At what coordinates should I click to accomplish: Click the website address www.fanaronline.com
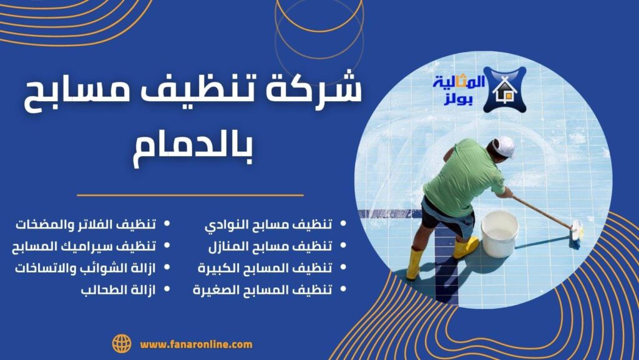tap(196, 344)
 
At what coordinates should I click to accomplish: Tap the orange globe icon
tap(122, 344)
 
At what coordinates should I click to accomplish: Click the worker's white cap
tap(504, 147)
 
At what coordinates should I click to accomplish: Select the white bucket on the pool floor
tap(499, 234)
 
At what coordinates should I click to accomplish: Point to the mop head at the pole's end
tap(576, 235)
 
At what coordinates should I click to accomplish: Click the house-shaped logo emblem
tap(504, 90)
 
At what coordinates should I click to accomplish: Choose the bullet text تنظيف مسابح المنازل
tap(270, 246)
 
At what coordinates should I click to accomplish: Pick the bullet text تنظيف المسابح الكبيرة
tap(265, 268)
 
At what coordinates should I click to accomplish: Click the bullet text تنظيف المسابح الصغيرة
tap(263, 290)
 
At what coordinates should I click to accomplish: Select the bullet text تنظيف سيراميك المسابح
tap(84, 246)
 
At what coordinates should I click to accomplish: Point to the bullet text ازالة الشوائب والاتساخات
tap(85, 268)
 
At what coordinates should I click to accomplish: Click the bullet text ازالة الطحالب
tap(118, 290)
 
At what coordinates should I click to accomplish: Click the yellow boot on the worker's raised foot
tap(466, 248)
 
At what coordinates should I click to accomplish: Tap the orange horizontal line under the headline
tap(190, 195)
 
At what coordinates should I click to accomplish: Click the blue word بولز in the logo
tap(457, 100)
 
